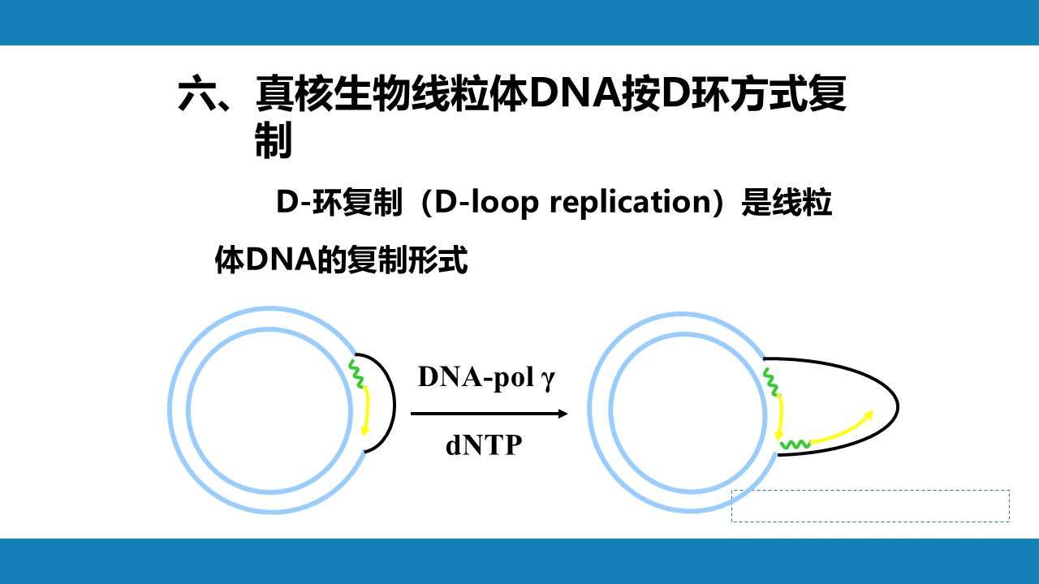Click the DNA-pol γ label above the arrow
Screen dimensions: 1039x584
point(486,378)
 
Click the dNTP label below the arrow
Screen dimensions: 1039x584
point(484,445)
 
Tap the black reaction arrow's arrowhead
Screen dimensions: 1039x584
point(563,414)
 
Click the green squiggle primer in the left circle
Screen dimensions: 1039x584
point(357,373)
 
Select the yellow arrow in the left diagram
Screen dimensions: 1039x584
point(367,410)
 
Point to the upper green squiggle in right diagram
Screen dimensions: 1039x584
point(770,381)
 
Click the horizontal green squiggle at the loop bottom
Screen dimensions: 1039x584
point(795,445)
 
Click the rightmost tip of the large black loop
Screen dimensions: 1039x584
point(899,407)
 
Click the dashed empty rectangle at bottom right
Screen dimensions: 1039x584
point(871,506)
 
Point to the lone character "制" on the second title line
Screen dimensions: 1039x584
point(274,140)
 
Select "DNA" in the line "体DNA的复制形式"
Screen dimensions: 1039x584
point(280,260)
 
